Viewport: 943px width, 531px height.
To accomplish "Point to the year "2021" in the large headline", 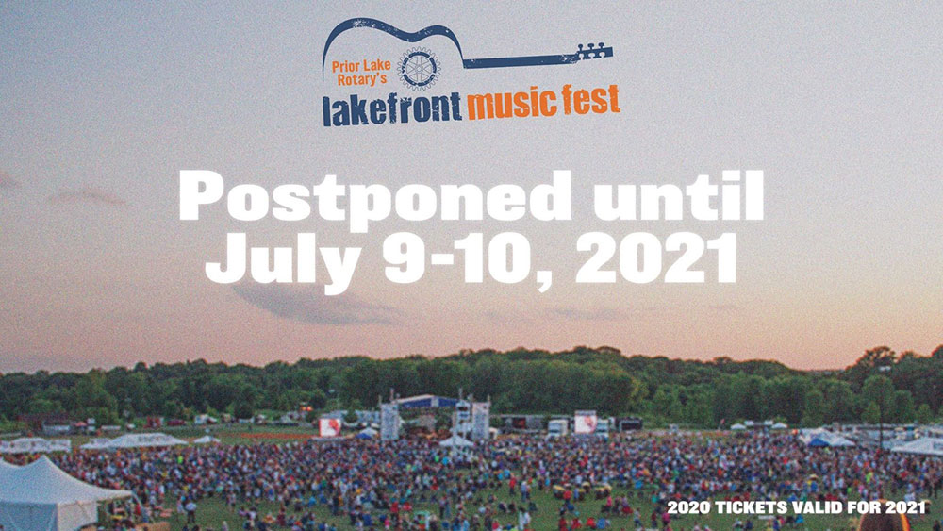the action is coord(656,257).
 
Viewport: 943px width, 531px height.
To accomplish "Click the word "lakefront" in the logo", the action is coord(392,108).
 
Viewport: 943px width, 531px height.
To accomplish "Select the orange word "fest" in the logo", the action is coord(591,99).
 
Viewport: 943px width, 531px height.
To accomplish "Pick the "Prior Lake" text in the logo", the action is coord(361,65).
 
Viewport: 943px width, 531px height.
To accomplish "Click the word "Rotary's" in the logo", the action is coord(361,79).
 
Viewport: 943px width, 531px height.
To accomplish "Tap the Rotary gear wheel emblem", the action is coord(420,69).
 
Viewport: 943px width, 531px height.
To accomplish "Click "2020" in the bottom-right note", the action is coord(689,506).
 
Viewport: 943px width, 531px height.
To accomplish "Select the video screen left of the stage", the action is coord(329,427).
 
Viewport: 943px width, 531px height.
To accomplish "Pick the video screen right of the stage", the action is coord(586,423).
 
